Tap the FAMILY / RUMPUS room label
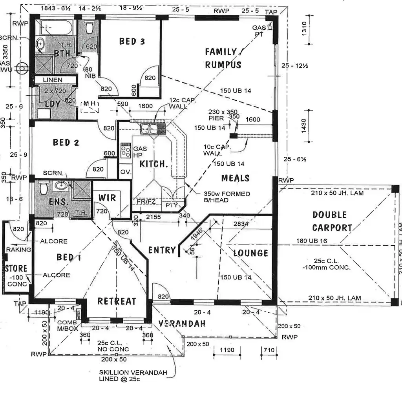tap(223, 58)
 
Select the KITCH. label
tap(154, 164)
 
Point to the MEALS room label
tap(236, 178)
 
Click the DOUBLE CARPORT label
tap(332, 221)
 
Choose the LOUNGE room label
tap(250, 253)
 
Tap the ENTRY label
tap(162, 250)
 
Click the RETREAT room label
tap(117, 301)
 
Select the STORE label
tap(16, 269)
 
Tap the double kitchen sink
tap(149, 128)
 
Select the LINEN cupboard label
tap(53, 80)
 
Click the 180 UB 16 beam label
tap(312, 241)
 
